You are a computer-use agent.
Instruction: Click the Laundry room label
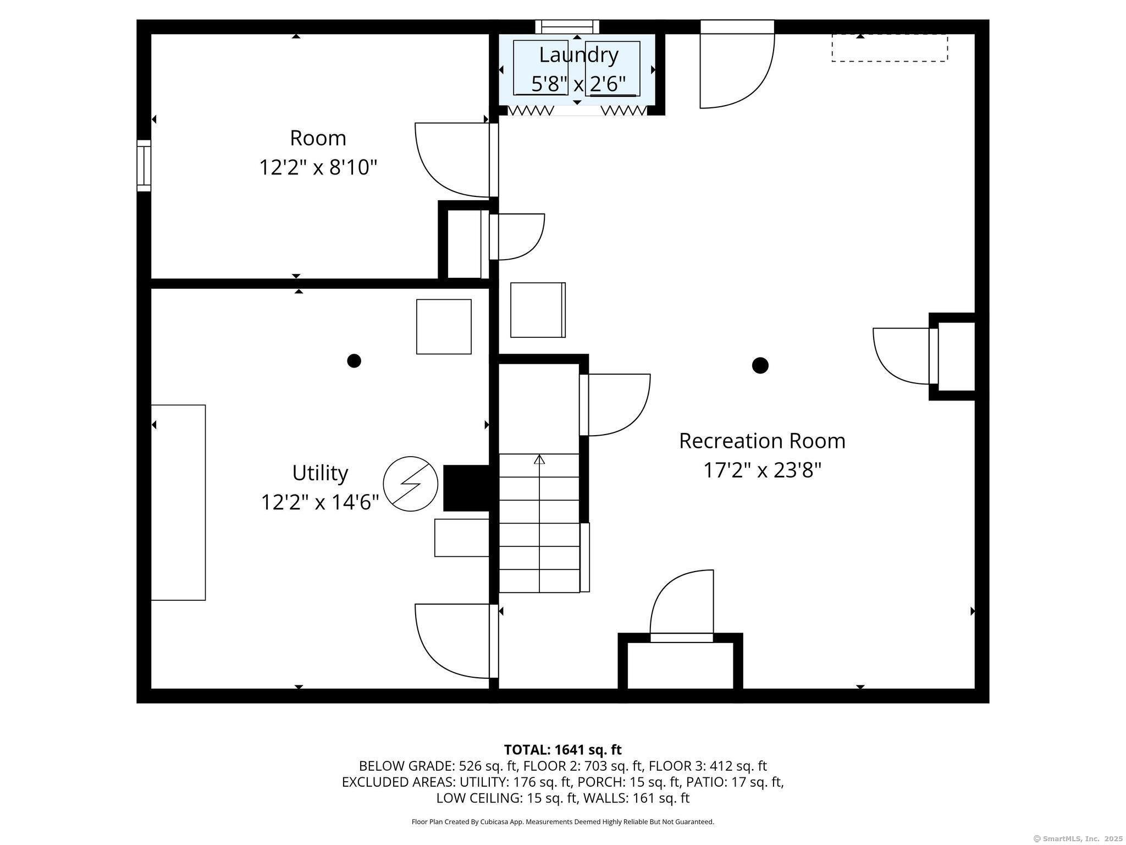pos(578,55)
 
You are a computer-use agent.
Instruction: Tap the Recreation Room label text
pos(762,441)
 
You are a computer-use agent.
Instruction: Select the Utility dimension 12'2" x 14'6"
pos(320,502)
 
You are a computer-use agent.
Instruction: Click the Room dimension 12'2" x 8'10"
pos(318,167)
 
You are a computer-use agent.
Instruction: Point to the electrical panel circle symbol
pos(410,484)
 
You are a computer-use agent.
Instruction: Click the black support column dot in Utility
pos(354,361)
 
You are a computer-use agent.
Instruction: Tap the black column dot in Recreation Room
pos(760,365)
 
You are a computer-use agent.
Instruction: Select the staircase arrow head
pos(539,459)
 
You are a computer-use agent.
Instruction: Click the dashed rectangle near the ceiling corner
pos(889,48)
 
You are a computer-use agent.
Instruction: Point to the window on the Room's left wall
pos(143,166)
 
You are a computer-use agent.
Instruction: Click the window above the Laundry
pos(567,26)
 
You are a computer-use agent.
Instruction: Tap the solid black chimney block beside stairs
pos(466,488)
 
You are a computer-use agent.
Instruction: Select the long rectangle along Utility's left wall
pos(178,502)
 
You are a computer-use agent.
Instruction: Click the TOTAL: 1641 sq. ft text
pos(562,750)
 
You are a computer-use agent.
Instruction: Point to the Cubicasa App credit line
pos(562,822)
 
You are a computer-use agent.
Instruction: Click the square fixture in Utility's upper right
pos(444,327)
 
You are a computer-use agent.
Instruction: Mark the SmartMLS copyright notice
pos(1078,838)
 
